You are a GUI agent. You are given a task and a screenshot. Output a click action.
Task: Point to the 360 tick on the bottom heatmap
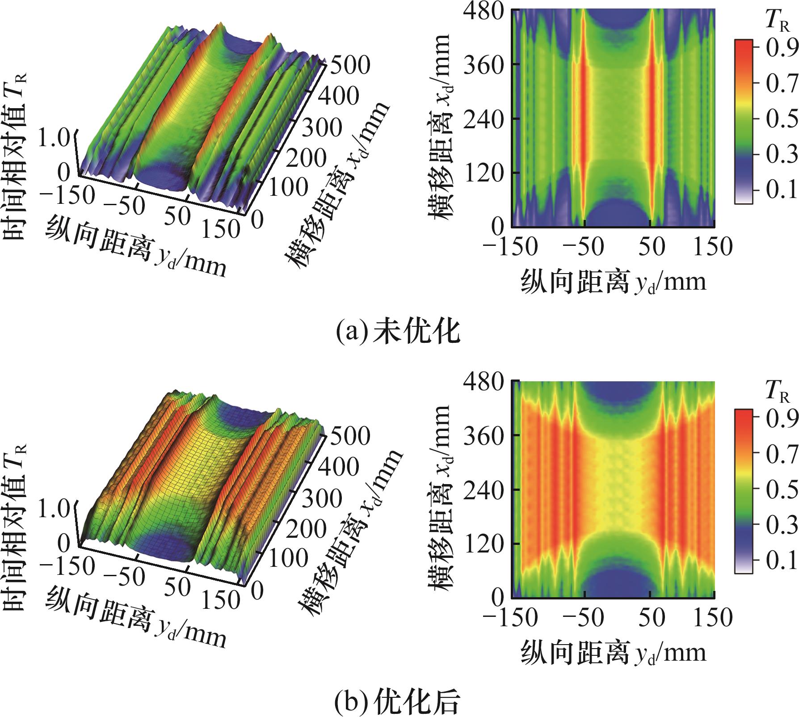(484, 435)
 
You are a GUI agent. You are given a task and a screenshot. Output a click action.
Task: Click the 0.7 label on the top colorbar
(781, 83)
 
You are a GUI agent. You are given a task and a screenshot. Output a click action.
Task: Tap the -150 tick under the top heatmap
(510, 247)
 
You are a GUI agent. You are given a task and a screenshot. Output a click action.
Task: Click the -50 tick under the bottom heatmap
(583, 617)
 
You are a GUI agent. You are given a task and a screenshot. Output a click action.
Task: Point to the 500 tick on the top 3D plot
(349, 65)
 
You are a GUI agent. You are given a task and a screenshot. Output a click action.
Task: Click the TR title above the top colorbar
(777, 20)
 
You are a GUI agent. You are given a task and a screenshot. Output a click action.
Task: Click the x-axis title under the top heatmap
(613, 282)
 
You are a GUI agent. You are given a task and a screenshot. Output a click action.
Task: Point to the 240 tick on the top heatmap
(484, 118)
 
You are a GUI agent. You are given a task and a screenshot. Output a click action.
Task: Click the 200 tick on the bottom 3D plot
(306, 530)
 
